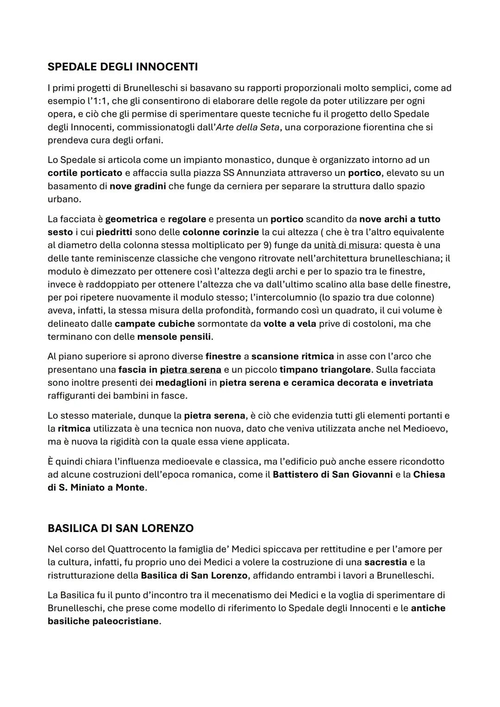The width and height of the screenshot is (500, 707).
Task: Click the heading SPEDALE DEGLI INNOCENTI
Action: (x=123, y=67)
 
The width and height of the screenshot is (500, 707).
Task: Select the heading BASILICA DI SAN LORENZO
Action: (x=120, y=528)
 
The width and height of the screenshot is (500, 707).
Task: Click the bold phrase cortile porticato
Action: (x=85, y=173)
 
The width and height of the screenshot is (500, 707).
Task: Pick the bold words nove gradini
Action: (x=137, y=186)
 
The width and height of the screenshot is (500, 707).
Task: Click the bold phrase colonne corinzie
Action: (x=220, y=232)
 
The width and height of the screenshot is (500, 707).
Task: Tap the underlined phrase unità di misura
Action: (x=346, y=245)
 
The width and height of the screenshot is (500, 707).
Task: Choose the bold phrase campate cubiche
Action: (x=155, y=324)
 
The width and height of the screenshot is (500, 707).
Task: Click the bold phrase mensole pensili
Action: (x=174, y=337)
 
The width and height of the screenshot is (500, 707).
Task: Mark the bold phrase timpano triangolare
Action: (x=325, y=369)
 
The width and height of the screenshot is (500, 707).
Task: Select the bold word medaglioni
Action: (x=181, y=382)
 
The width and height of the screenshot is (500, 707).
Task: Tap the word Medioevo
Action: (x=424, y=428)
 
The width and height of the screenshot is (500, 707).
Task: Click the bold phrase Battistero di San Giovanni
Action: (x=332, y=475)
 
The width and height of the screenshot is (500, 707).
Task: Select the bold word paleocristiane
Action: (x=125, y=621)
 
